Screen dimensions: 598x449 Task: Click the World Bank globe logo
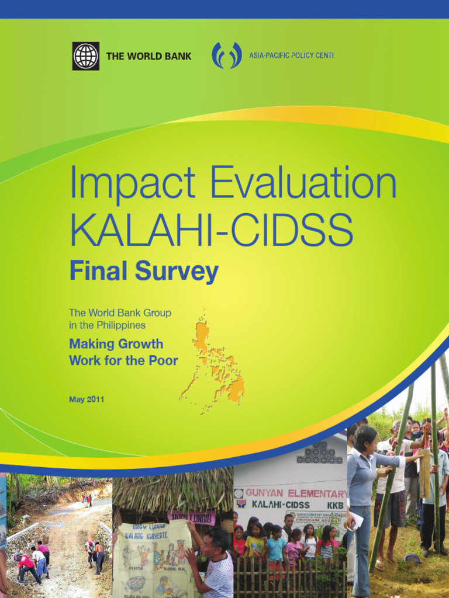pos(85,56)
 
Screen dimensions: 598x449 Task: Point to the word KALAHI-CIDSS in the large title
pos(211,230)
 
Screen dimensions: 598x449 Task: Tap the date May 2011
pos(87,399)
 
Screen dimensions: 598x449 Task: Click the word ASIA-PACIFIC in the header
pos(270,56)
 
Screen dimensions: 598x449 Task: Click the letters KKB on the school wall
pos(335,505)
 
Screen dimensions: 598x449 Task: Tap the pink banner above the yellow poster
pos(192,517)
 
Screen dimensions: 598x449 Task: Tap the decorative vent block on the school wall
pos(319,453)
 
